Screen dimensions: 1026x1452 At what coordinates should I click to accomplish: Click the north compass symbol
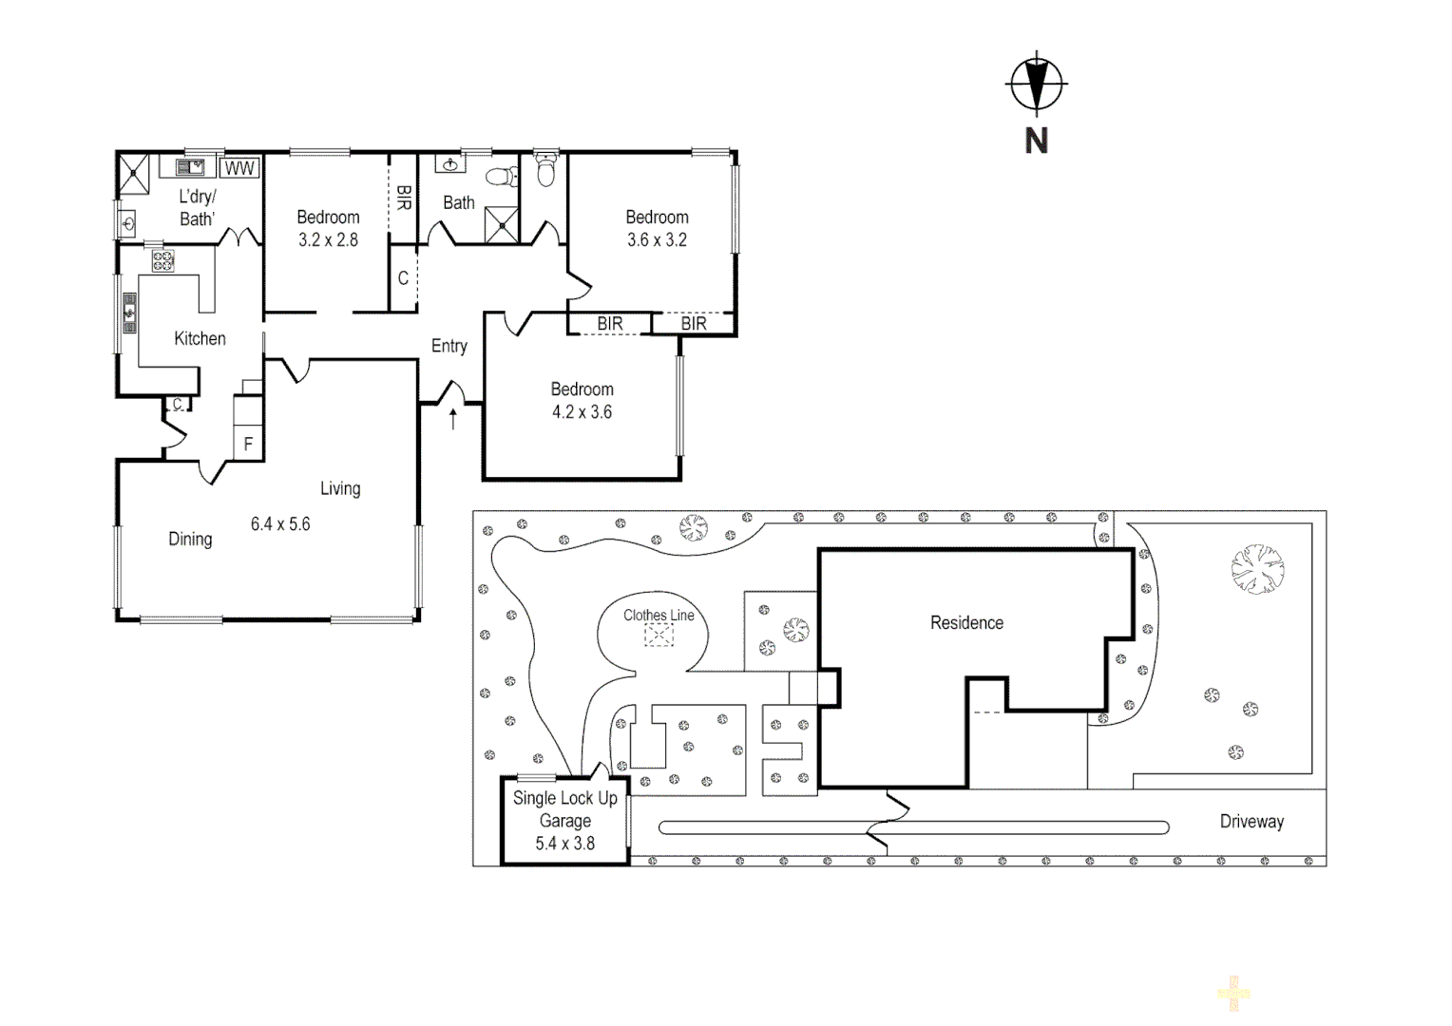coord(1036,85)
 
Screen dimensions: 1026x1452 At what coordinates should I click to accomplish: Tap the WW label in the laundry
coord(239,168)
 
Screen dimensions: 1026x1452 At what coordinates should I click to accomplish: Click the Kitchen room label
coord(200,338)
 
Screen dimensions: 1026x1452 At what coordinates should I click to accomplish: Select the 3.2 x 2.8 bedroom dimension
coord(328,240)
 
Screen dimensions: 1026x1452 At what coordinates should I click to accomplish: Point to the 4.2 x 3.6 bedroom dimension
coord(582,412)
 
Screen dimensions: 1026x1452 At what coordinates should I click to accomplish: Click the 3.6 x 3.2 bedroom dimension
coord(657,240)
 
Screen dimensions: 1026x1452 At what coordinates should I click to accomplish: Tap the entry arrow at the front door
coord(453,418)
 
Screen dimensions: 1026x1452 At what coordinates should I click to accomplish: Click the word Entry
coord(449,346)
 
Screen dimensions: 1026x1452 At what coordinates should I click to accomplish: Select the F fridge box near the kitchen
coord(248,444)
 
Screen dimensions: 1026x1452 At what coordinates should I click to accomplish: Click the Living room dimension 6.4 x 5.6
coord(280,523)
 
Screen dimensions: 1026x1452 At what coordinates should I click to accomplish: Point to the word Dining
coord(190,539)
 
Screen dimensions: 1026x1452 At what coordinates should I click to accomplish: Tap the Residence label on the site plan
coord(966,622)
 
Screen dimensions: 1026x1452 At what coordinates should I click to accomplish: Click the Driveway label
coord(1251,822)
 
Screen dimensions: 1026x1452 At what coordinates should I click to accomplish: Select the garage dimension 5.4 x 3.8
coord(564,844)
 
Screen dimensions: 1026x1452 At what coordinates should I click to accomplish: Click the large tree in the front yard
coord(1257,569)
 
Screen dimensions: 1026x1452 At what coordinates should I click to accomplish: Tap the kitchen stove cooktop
coord(162,260)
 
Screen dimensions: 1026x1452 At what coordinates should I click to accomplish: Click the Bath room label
coord(459,202)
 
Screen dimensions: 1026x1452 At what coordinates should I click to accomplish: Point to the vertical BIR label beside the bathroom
coord(403,198)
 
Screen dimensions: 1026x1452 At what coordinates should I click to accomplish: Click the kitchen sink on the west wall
coord(129,313)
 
